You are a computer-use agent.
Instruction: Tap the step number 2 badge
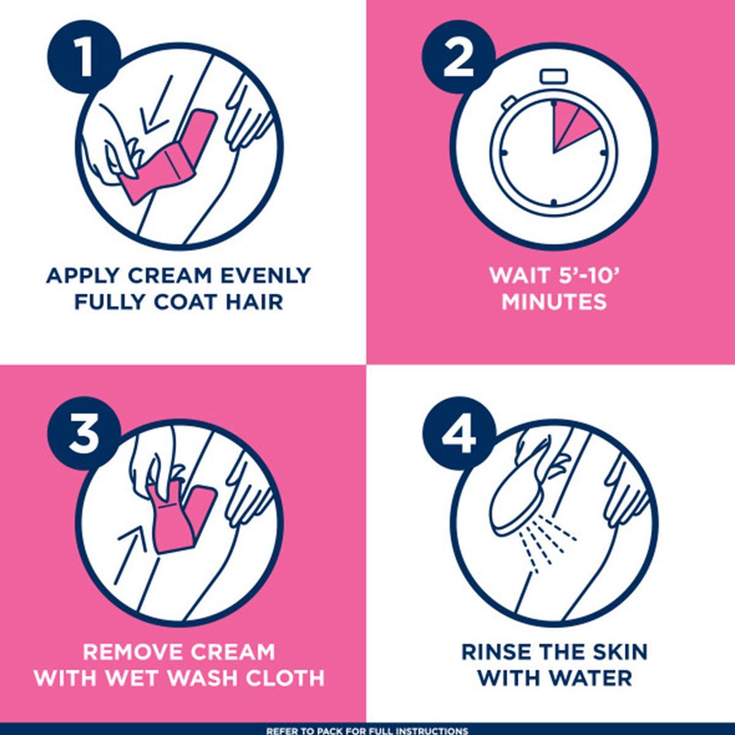click(459, 58)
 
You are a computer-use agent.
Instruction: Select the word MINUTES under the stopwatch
click(554, 302)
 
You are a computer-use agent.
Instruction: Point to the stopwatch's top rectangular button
click(554, 76)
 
